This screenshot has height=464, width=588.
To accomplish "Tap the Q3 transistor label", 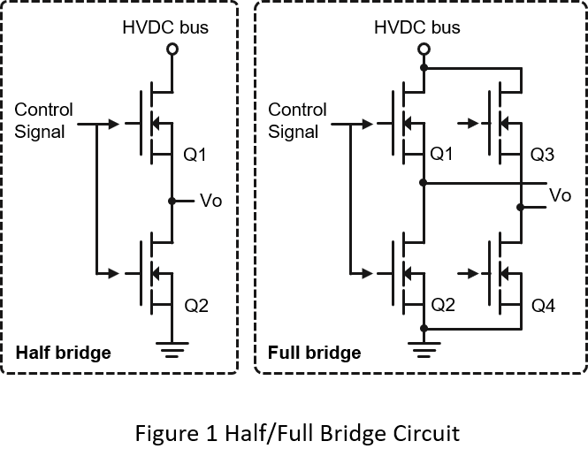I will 542,156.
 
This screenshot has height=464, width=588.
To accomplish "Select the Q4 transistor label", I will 542,307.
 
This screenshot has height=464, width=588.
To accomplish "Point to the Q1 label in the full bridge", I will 441,156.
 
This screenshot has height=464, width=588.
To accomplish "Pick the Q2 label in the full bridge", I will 441,307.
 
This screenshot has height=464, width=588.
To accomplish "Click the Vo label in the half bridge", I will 212,201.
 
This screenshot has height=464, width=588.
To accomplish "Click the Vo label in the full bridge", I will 560,194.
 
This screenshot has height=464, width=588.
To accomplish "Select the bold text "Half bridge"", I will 64,353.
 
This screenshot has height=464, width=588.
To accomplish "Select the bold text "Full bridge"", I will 314,353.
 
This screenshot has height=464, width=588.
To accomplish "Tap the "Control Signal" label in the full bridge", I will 297,121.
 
